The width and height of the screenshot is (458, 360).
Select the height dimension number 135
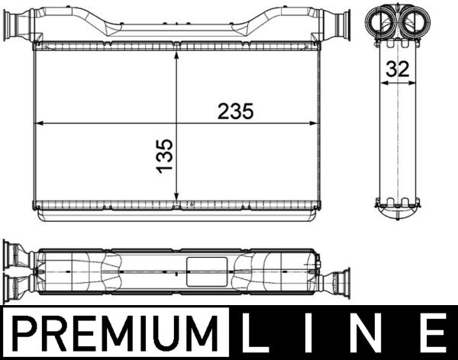click(x=165, y=155)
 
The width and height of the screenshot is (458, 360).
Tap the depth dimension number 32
click(x=397, y=68)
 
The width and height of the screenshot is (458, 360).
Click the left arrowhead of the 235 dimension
click(x=40, y=121)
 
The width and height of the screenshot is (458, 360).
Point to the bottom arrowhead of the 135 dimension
click(x=176, y=201)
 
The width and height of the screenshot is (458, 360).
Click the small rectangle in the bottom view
click(x=205, y=270)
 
